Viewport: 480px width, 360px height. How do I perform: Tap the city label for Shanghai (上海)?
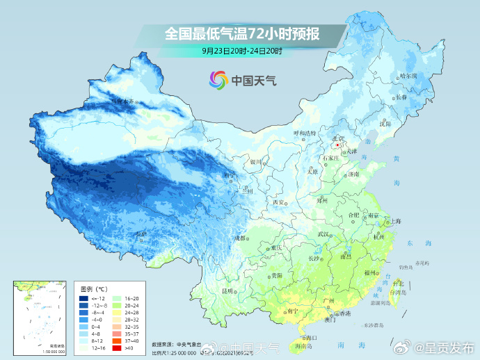pos(395,221)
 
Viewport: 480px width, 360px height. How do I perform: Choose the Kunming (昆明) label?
pos(227,291)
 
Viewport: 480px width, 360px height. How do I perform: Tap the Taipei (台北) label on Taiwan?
pos(398,283)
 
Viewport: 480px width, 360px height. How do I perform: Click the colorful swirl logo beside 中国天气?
pos(219,80)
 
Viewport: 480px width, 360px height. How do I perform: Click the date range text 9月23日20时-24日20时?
pos(242,51)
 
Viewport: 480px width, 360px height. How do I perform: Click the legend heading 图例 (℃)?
pos(93,288)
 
